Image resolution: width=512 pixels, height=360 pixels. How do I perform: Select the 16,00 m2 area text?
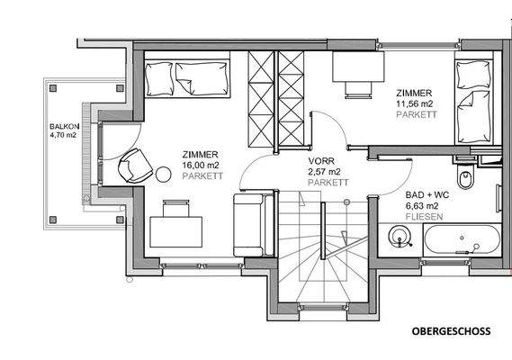[x=200, y=166]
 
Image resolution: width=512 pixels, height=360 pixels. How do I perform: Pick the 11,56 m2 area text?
[x=414, y=103]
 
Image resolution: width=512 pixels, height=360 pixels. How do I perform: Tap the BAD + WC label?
[x=427, y=194]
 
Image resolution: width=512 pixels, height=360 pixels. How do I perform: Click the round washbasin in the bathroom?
[x=400, y=238]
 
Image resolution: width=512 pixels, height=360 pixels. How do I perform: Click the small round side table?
[x=165, y=174]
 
